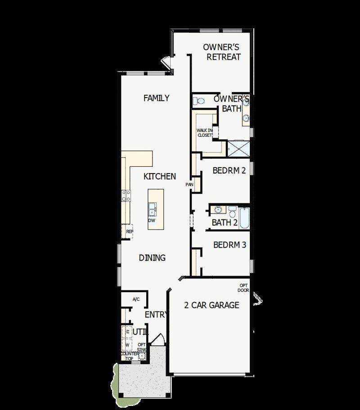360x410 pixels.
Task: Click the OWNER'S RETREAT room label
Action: pos(222,52)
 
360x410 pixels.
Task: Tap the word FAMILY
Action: pos(156,98)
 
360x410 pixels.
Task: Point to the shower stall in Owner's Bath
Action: pos(238,148)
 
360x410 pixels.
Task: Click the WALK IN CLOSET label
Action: pos(204,133)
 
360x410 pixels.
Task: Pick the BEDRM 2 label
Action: pos(229,171)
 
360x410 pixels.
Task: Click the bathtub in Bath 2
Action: pos(243,218)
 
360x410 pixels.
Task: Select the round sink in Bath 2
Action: pos(218,210)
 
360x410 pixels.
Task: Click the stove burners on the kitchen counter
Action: pos(126,195)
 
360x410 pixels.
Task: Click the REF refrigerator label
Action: pos(129,232)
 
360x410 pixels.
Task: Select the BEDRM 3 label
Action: pos(229,245)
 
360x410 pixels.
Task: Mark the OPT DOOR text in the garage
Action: pos(243,288)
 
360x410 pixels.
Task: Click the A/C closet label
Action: pos(136,299)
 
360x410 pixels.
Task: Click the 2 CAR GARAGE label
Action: pos(211,305)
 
